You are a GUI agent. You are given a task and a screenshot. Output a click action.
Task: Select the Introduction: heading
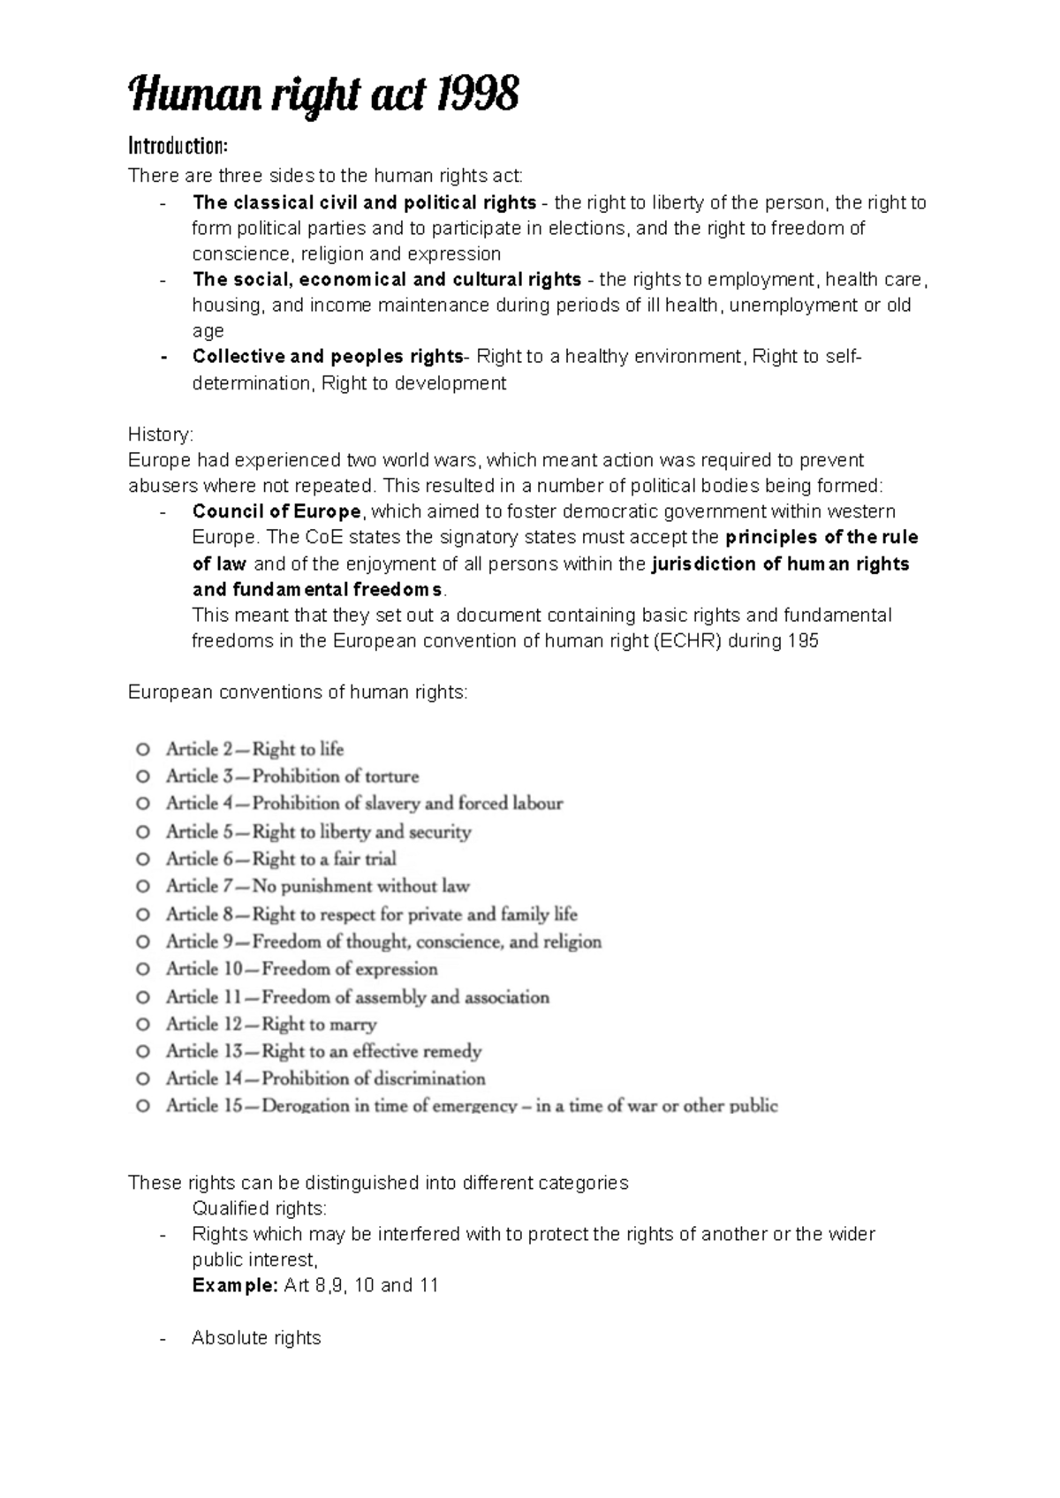(x=178, y=146)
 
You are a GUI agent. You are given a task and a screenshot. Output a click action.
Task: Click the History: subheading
(x=160, y=435)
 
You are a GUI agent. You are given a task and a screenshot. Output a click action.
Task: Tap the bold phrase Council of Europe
(x=276, y=511)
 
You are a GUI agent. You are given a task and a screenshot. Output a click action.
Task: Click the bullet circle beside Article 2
(x=142, y=749)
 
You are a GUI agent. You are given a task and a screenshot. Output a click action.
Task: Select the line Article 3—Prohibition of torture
(x=291, y=776)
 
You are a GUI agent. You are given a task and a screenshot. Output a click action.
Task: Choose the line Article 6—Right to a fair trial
(x=281, y=859)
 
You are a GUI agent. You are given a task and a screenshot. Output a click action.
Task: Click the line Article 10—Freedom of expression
(x=301, y=969)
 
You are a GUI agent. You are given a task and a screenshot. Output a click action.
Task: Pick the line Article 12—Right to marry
(x=271, y=1025)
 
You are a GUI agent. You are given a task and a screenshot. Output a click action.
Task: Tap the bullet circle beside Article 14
(x=142, y=1078)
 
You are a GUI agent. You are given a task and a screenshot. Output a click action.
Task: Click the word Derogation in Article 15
(x=306, y=1106)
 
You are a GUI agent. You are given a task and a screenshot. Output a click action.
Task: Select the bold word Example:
(x=235, y=1285)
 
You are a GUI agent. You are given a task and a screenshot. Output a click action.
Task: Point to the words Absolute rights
(x=256, y=1338)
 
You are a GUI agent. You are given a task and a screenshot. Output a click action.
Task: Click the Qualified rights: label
(x=259, y=1208)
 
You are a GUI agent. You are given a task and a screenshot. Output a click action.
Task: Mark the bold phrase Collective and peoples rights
(x=328, y=357)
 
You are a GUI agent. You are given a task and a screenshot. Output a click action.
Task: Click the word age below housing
(x=208, y=331)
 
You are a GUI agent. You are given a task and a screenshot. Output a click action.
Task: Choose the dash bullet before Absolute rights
(x=163, y=1339)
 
